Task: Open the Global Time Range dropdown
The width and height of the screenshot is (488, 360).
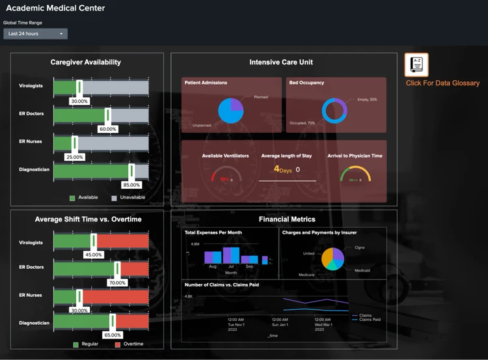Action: [35, 33]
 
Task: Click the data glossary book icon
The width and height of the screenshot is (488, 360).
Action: [416, 65]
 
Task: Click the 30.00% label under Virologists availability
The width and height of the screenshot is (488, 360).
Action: [79, 102]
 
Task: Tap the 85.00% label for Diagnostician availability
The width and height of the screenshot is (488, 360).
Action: [131, 185]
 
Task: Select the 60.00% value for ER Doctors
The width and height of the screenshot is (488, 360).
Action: [107, 129]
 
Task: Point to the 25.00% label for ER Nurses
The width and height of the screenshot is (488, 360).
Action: [75, 157]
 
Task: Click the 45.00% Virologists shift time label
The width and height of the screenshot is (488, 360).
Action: [94, 255]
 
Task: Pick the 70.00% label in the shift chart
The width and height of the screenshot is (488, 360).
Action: [117, 283]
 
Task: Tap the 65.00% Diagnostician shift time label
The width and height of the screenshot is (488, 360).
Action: [112, 335]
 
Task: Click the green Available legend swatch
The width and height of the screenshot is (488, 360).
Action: [73, 197]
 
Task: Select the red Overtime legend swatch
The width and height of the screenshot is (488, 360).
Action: [118, 344]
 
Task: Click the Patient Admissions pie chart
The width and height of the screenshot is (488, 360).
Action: [231, 111]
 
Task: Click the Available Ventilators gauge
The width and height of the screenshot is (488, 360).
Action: [224, 177]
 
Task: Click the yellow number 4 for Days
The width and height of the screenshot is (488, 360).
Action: [277, 169]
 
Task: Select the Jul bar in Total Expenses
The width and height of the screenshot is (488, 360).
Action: [232, 255]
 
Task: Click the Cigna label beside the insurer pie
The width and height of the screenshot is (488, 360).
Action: [359, 248]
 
